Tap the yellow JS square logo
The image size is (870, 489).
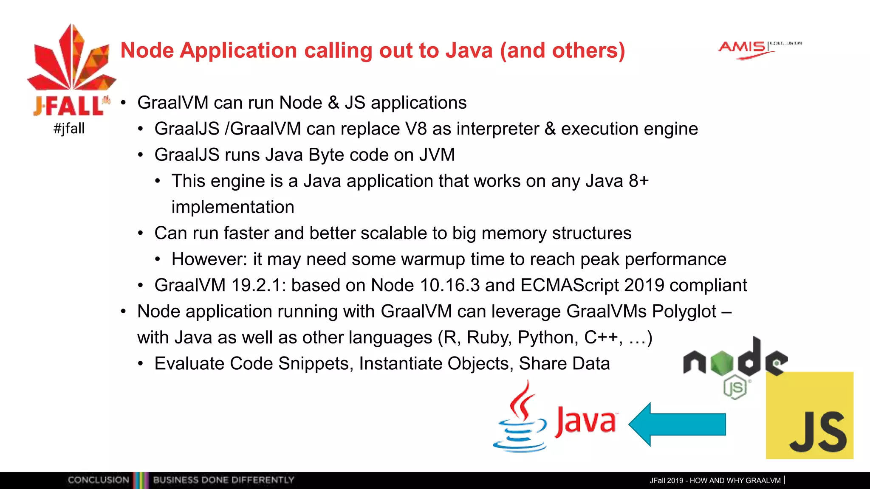pyautogui.click(x=809, y=415)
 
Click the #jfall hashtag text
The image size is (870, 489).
pyautogui.click(x=69, y=128)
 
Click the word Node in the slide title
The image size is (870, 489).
pyautogui.click(x=147, y=51)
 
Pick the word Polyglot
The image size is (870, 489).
pyautogui.click(x=684, y=312)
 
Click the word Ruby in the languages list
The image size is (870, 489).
pyautogui.click(x=489, y=338)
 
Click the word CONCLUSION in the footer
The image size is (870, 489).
pyautogui.click(x=98, y=480)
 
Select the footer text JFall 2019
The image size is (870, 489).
pyautogui.click(x=666, y=481)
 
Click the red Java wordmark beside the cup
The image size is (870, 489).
pyautogui.click(x=585, y=421)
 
